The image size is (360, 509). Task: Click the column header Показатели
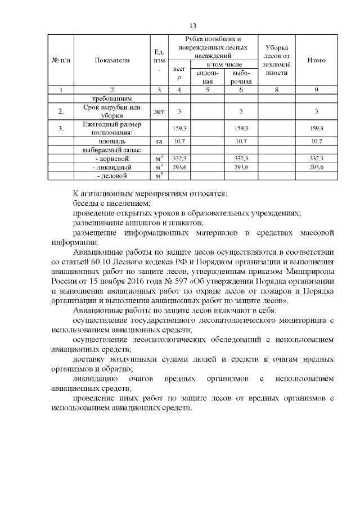coord(112,60)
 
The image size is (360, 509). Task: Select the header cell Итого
coord(317,60)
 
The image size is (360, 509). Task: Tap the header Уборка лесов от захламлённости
coord(276,60)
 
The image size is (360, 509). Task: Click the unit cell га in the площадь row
coord(159,141)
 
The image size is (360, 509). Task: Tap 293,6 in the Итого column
coord(317,167)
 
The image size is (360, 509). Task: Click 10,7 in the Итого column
coord(317,141)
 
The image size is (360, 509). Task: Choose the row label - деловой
coord(112,176)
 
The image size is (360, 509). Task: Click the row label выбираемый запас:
coord(111,150)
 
